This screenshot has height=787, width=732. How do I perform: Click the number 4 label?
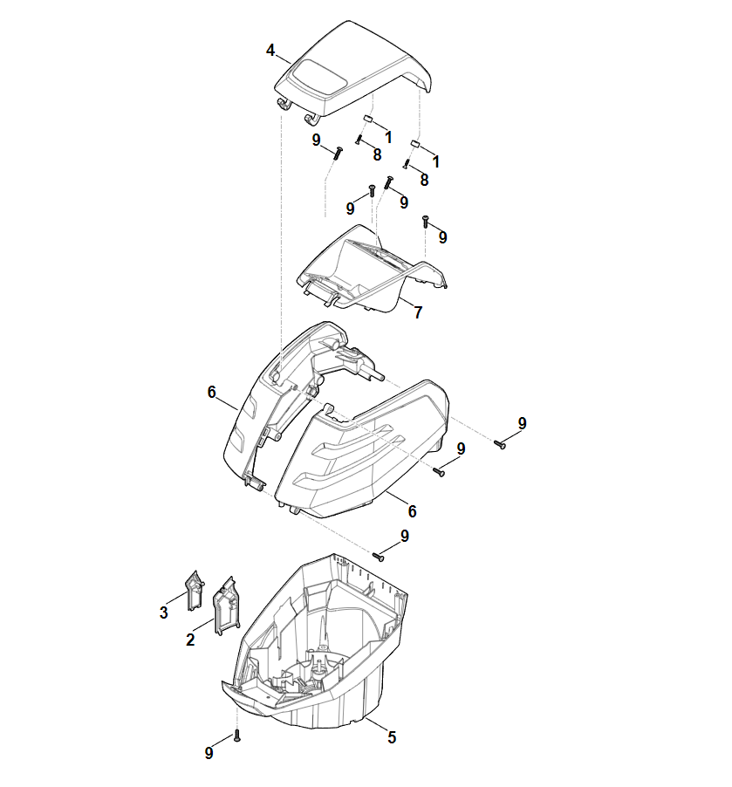(270, 51)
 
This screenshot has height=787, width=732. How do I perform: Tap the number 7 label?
(418, 312)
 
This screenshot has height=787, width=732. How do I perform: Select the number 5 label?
(392, 736)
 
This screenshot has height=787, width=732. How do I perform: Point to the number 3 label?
(164, 612)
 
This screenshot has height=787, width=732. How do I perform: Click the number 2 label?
(190, 640)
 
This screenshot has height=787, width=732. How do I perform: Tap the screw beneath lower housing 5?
(237, 736)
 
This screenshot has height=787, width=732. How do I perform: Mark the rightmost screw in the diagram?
(500, 444)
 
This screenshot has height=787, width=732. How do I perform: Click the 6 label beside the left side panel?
(211, 392)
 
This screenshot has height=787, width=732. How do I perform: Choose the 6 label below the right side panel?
(412, 511)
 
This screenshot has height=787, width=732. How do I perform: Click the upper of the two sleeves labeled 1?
(367, 119)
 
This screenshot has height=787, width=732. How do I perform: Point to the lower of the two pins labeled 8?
(407, 164)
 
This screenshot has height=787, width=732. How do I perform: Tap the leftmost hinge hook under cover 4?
(284, 105)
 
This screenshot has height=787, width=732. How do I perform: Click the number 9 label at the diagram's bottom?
(209, 753)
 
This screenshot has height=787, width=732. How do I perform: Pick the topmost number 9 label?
(316, 140)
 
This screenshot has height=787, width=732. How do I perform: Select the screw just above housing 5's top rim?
(379, 557)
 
